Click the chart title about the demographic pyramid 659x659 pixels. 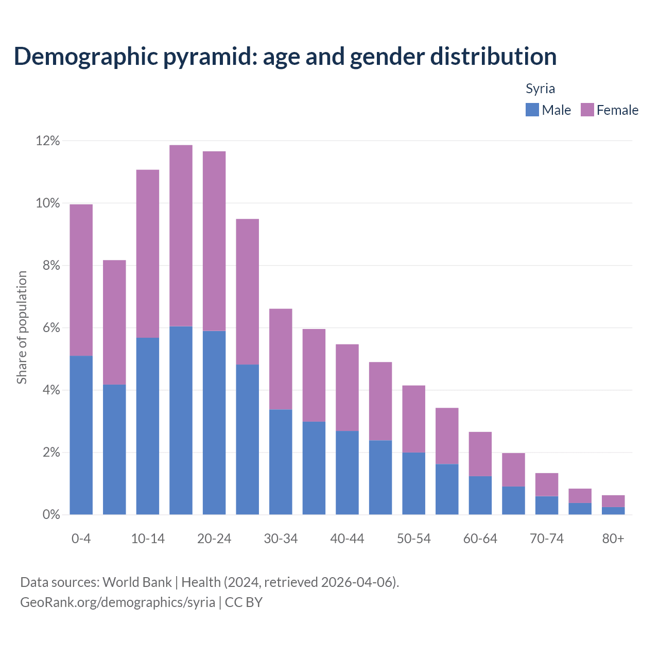285,57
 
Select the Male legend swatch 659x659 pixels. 532,110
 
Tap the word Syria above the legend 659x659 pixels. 540,89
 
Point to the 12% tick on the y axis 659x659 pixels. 47,141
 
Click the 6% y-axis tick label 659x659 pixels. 51,328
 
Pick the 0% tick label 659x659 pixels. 51,515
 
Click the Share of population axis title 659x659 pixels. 22,327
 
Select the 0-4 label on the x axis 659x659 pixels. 81,539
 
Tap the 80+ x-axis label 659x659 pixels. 613,539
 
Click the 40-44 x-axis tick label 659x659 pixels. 347,539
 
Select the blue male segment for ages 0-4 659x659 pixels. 81,435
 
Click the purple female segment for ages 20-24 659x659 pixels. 214,241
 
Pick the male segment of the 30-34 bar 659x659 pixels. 281,462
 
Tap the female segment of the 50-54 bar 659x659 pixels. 413,419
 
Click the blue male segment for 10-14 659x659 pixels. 148,426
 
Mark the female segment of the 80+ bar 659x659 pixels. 613,501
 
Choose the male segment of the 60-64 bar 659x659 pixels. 480,495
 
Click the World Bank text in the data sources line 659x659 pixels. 137,582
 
